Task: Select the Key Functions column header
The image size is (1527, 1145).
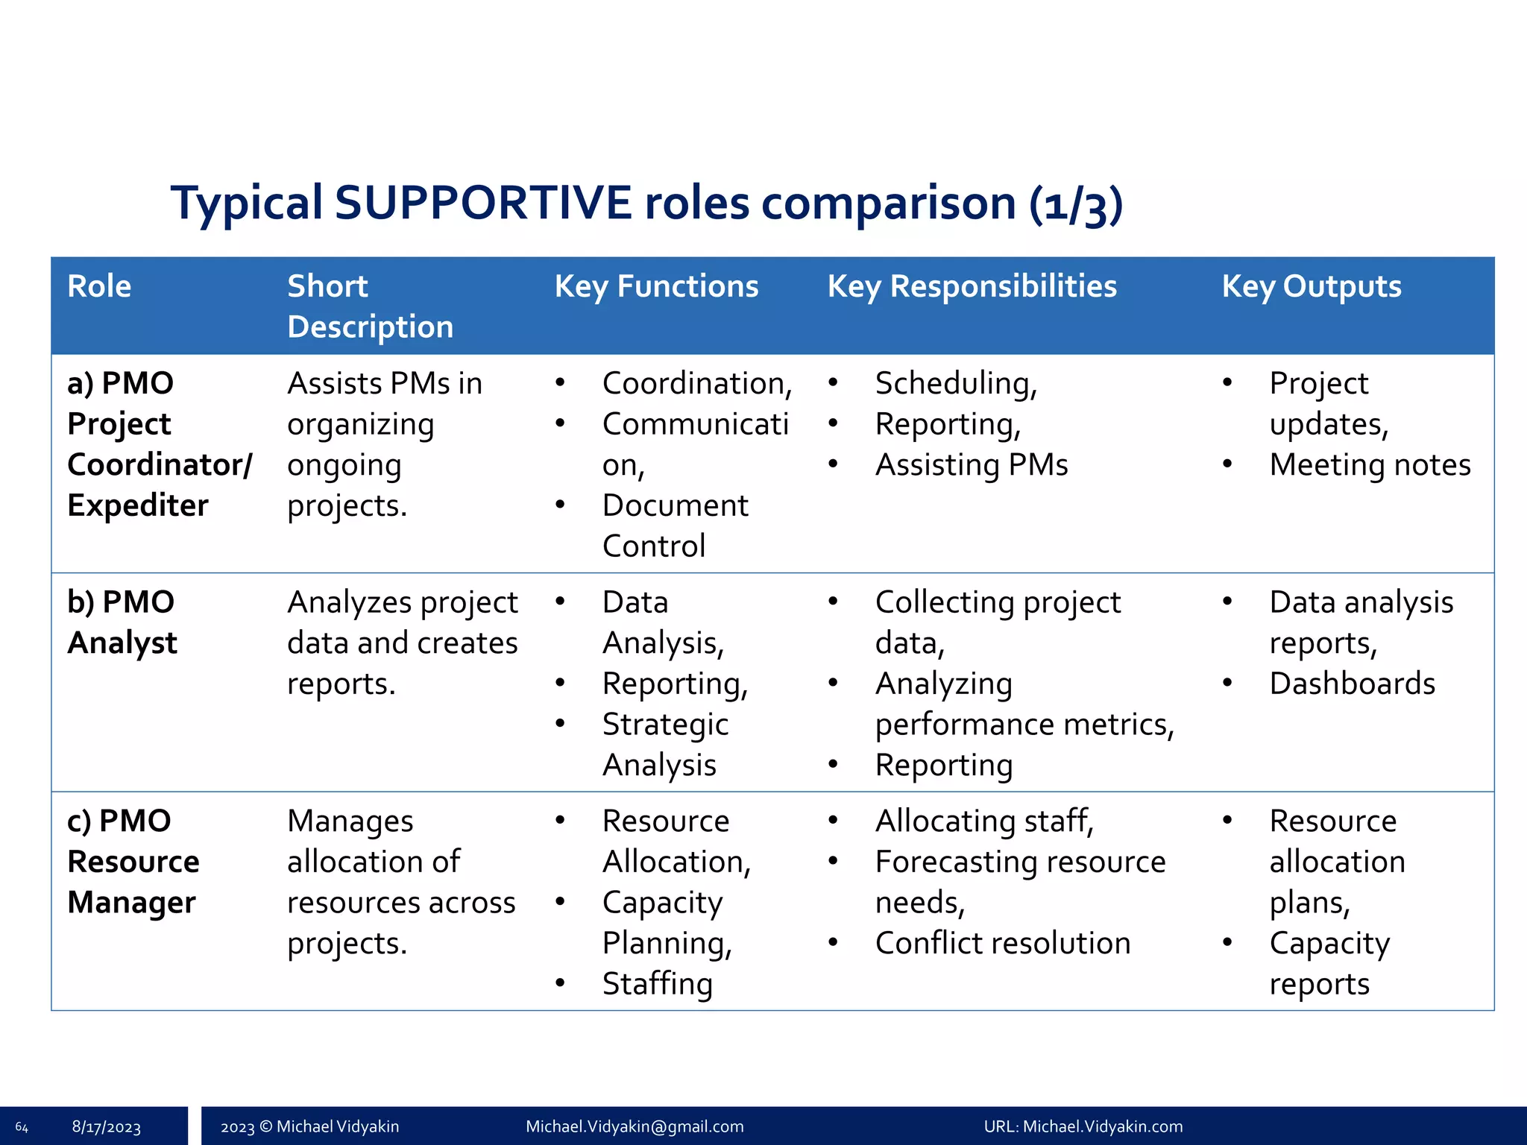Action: pos(656,286)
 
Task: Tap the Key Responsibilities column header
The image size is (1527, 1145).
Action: pos(972,286)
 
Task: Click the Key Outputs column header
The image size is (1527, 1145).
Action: pos(1311,286)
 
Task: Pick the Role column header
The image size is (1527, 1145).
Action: pos(99,286)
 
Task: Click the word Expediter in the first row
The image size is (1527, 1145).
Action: pos(138,505)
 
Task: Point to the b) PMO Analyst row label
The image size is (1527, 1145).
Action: pos(122,622)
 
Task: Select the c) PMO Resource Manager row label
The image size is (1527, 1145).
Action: pos(133,861)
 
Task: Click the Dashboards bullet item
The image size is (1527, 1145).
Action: pos(1352,684)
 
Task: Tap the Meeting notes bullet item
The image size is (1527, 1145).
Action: pos(1370,464)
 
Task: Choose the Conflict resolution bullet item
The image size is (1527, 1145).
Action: pos(1002,943)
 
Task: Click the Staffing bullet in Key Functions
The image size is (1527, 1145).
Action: pos(657,984)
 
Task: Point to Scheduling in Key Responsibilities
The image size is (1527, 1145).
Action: pos(956,383)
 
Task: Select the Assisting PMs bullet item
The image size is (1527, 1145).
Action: pos(971,464)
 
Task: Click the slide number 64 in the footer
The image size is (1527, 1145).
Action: pos(22,1127)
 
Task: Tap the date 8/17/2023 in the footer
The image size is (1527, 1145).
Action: pos(106,1127)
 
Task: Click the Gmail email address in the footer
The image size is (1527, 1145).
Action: pos(635,1126)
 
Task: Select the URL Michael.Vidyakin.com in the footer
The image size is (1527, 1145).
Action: pos(1083,1126)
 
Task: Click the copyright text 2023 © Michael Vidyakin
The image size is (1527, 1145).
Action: pos(309,1126)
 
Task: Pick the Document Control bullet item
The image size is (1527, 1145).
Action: pos(674,526)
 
